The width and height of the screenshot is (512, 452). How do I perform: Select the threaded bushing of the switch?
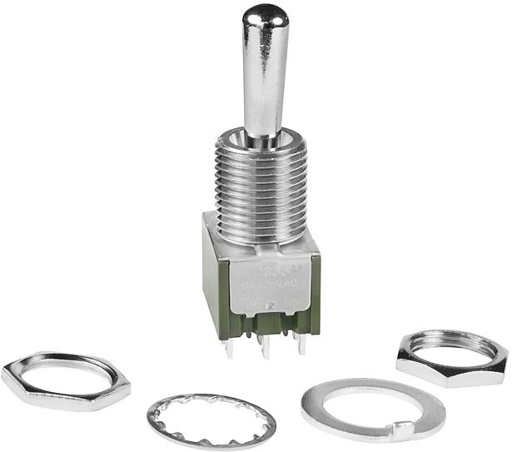coord(261,191)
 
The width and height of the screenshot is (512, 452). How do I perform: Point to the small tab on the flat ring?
coord(402,431)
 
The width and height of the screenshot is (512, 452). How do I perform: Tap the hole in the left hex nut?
coord(64,375)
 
